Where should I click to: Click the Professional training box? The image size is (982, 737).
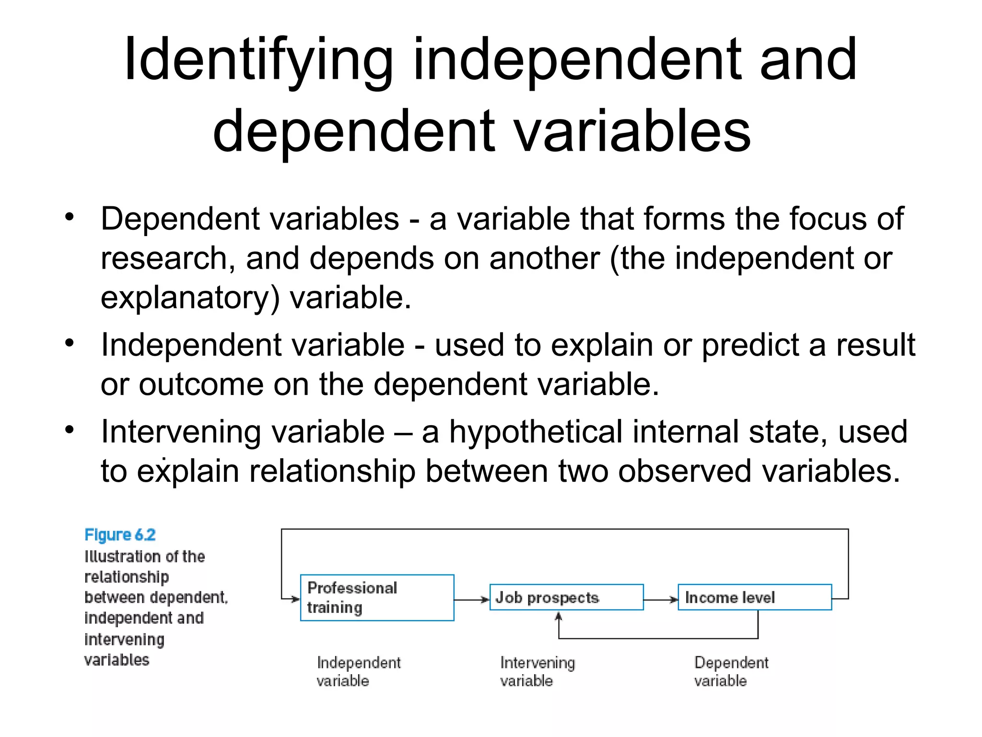point(377,597)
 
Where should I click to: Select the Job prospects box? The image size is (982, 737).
point(566,597)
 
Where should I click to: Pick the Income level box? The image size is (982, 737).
point(754,597)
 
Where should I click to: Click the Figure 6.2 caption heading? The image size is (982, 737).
point(120,535)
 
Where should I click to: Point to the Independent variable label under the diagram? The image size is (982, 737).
point(358,671)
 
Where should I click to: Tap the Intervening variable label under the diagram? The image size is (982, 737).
point(537,671)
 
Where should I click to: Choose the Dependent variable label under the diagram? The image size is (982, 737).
point(731,671)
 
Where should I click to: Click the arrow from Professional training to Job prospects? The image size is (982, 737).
point(472,599)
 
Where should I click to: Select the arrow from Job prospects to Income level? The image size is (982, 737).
point(661,599)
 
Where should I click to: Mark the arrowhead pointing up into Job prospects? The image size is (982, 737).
point(558,617)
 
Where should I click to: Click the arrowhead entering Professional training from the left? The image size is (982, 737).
point(294,599)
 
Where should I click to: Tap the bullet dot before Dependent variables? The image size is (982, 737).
point(70,217)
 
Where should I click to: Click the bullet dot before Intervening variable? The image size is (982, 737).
point(70,429)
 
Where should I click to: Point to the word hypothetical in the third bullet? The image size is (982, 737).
point(536,431)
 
